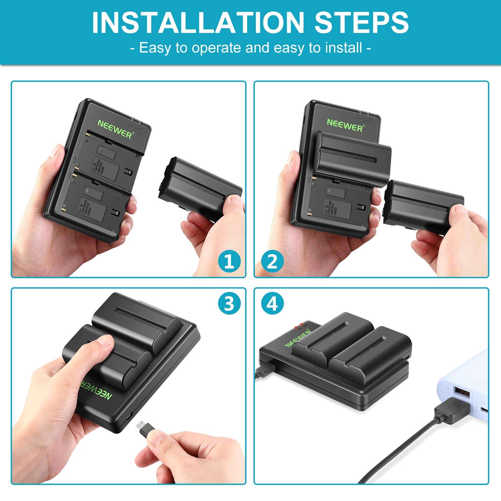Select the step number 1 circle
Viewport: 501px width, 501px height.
click(230, 261)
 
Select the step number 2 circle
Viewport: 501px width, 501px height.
click(272, 261)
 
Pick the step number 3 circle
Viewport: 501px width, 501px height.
click(230, 303)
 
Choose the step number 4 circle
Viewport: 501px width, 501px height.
click(272, 303)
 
